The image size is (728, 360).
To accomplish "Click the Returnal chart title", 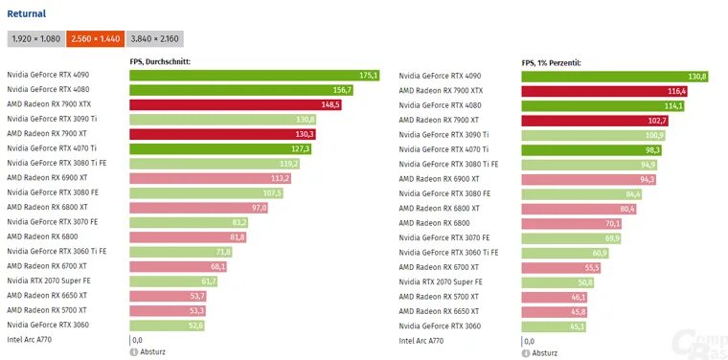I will point(27,13).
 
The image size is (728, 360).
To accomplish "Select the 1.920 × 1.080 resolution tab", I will point(36,39).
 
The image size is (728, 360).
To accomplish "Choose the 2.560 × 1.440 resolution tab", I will point(96,39).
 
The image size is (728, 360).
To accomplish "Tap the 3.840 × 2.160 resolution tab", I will point(154,39).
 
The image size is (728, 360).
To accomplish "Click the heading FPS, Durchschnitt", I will point(160,62).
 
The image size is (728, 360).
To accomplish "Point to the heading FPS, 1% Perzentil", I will point(552,62).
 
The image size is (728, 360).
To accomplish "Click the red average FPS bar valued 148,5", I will point(236,104).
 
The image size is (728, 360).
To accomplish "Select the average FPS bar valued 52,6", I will point(168,326).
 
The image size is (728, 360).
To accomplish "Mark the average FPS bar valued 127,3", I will point(221,148).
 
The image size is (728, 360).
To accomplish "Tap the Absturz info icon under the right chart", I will point(526,352).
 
